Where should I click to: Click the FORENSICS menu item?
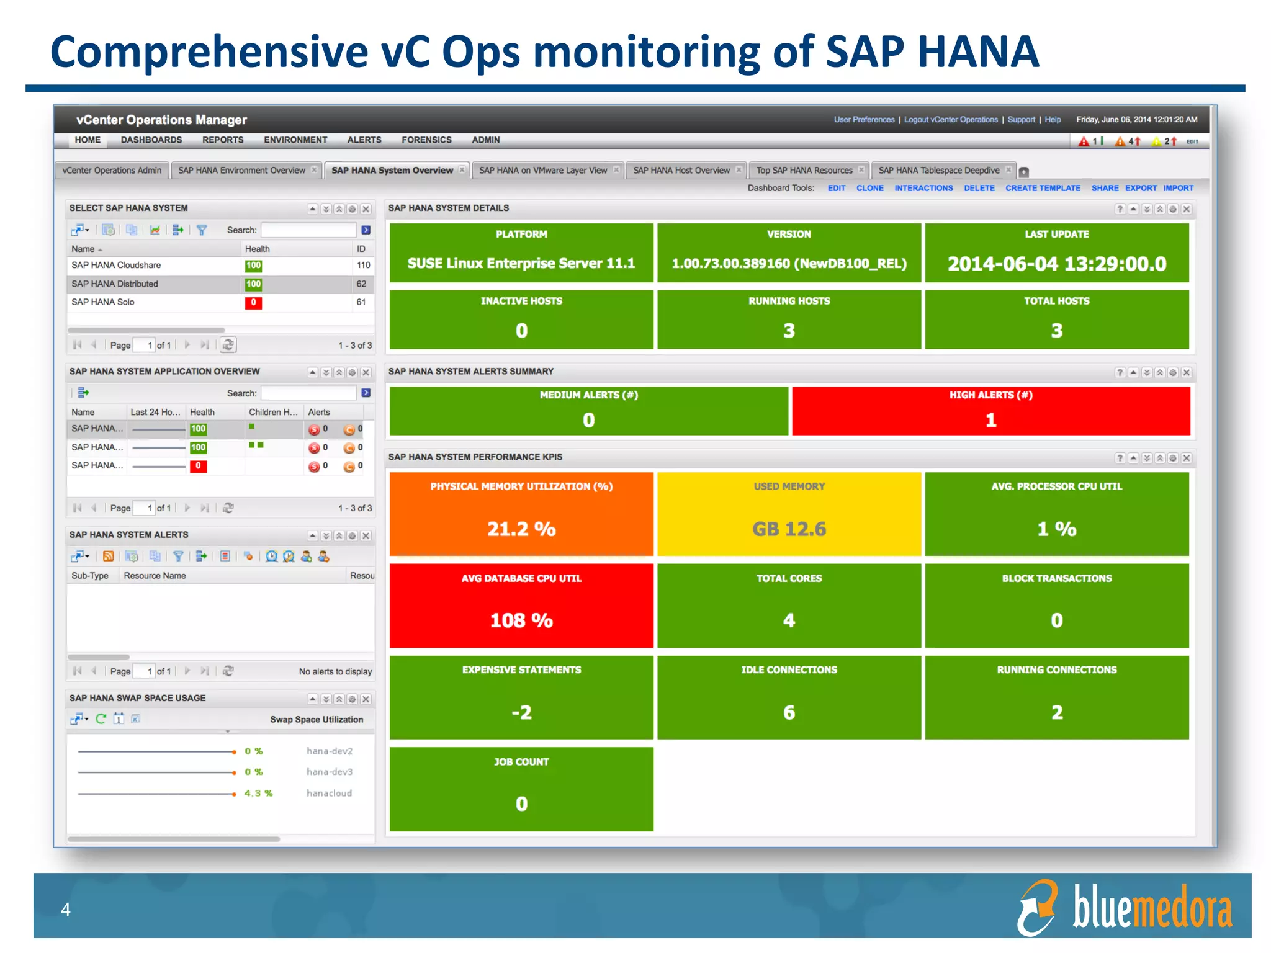(x=426, y=140)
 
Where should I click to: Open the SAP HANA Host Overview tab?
(x=681, y=171)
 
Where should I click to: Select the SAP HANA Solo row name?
(x=103, y=302)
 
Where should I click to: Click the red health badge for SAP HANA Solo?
(x=253, y=303)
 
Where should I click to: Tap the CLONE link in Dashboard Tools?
(x=869, y=188)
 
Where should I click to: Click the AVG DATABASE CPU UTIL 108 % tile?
(x=521, y=606)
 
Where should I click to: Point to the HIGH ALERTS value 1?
(x=990, y=420)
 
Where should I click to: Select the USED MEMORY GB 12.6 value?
(x=789, y=529)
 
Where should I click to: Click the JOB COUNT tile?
(x=521, y=788)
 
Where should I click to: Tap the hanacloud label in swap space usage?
(x=329, y=793)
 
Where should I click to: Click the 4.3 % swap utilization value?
(x=258, y=793)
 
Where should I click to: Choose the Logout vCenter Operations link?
(x=951, y=120)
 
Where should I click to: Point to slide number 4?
(x=66, y=910)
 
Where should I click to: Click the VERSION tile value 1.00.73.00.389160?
(x=789, y=264)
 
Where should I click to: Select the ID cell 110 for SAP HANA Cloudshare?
(x=363, y=266)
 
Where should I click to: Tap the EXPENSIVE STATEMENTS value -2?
(x=521, y=712)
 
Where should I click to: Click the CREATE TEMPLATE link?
(x=1043, y=188)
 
